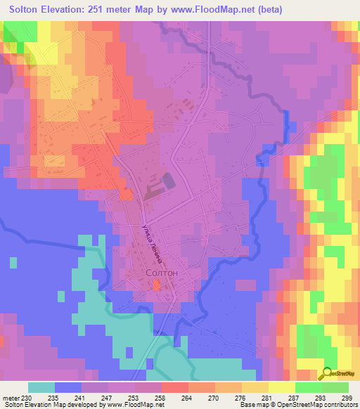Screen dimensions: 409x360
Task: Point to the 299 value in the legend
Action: (347, 396)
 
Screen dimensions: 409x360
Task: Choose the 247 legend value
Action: (109, 396)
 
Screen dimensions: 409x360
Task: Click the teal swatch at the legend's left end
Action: (41, 387)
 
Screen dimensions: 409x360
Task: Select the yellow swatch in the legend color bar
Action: (281, 387)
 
